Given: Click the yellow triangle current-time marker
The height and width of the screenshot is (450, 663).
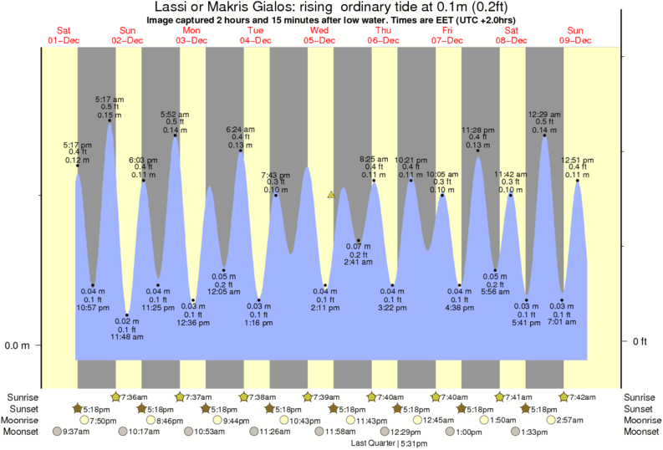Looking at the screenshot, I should tap(332, 195).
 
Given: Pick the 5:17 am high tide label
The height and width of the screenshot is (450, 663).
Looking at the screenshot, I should tap(110, 100).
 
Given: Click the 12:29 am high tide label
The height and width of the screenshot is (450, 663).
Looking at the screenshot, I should tap(544, 114).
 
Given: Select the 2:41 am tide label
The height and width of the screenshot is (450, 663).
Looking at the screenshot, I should tap(358, 262).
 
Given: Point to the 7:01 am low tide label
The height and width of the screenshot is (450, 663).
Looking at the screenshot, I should tap(564, 321).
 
